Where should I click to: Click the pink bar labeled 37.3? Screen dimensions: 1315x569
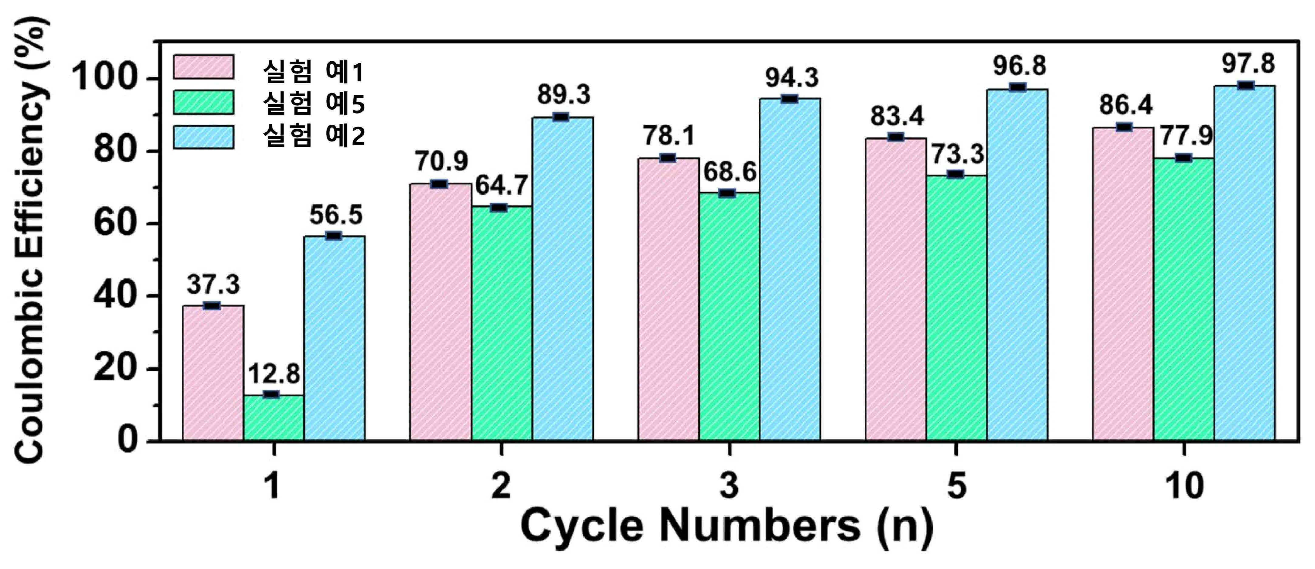(x=213, y=373)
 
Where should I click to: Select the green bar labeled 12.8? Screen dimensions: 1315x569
(x=274, y=417)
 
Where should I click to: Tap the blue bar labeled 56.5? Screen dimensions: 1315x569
(x=334, y=338)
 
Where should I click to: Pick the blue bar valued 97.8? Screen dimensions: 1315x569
(x=1245, y=263)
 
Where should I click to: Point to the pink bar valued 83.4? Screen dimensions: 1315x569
(x=896, y=289)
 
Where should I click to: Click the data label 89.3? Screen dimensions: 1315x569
(x=564, y=95)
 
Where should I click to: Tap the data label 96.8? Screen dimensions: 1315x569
(x=1019, y=66)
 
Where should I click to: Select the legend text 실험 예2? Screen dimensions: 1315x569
(x=314, y=136)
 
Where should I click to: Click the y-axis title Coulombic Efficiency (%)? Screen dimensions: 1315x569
(x=31, y=240)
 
